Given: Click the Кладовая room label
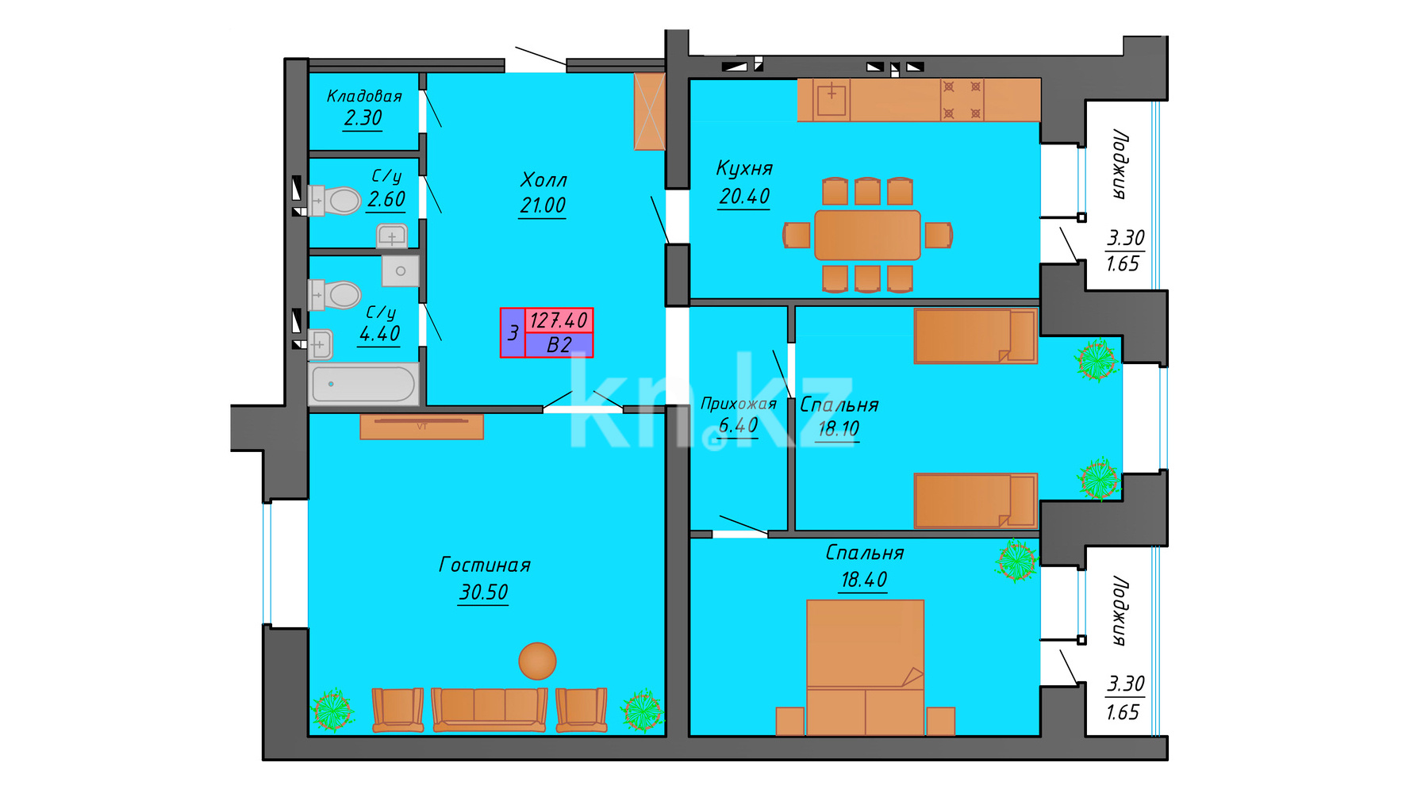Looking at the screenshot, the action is (364, 96).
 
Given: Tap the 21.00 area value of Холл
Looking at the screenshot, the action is (543, 205).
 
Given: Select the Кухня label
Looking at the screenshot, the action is (744, 168).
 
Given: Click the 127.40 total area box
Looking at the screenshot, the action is (559, 320).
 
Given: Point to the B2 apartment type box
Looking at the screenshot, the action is (559, 345).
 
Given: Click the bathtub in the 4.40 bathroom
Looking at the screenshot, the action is (363, 384).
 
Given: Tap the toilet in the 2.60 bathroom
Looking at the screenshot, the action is (335, 201).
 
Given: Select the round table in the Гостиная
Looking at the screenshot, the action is (537, 661).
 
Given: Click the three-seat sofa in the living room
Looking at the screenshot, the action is (490, 709).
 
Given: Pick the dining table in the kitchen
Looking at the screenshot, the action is (867, 235).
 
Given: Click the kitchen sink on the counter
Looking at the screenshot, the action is (832, 99).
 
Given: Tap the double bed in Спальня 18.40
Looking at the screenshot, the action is (865, 667).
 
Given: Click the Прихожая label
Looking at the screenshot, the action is (739, 404).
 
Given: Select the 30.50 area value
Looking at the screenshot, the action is (484, 592).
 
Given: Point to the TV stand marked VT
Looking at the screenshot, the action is (421, 427).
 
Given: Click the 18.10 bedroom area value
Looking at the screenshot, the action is (839, 429).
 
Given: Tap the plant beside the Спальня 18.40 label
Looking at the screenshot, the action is (1016, 560).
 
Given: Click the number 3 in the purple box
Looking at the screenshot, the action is (513, 333).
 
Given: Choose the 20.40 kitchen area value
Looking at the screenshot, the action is (744, 196).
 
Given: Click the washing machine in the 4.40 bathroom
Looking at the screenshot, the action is (400, 271).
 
